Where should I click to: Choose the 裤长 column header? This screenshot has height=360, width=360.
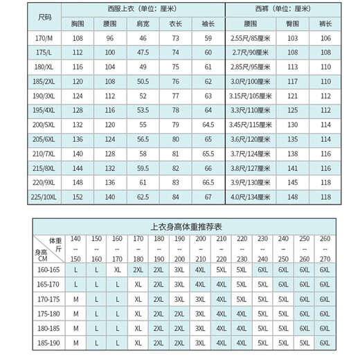(326, 24)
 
